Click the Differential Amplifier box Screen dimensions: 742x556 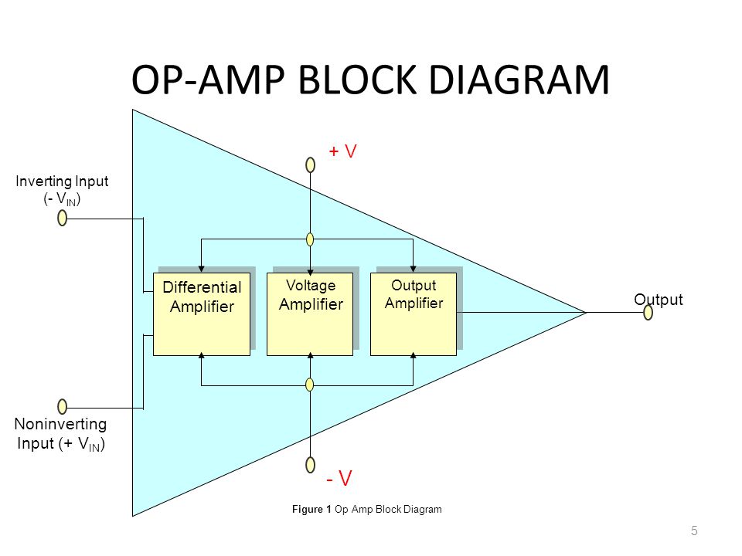coord(202,314)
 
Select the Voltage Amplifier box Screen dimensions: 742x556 coord(310,314)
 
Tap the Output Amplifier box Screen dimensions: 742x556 coord(413,314)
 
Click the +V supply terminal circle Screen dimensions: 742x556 coord(311,165)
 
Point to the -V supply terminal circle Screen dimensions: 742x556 coord(311,465)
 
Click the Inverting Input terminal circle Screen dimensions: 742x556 coord(62,218)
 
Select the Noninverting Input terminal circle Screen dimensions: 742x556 coord(62,407)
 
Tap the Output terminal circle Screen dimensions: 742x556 coord(648,312)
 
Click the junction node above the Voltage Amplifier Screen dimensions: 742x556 coord(310,239)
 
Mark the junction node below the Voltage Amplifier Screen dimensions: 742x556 coord(310,385)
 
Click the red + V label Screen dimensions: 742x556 coord(342,151)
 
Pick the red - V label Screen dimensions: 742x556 coord(339,478)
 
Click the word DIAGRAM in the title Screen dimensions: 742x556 coord(519,80)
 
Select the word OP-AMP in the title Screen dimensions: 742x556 coord(209,80)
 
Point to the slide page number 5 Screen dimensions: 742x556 coord(694,531)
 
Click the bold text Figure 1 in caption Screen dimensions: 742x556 coord(311,509)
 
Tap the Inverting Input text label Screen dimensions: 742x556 coord(62,181)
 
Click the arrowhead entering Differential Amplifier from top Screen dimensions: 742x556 coord(201,269)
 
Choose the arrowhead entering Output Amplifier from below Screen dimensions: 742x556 coord(413,355)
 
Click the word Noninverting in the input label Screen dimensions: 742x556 coord(60,424)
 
